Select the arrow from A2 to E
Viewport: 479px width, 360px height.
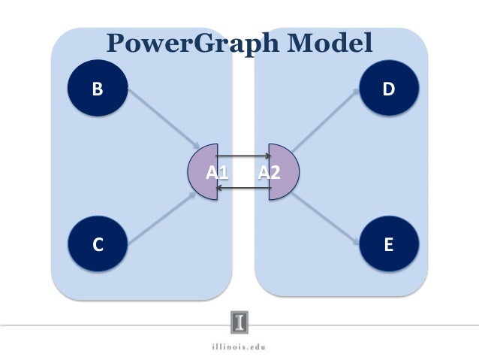(323, 218)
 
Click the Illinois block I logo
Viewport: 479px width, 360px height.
(239, 322)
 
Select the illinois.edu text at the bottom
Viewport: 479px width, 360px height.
(239, 347)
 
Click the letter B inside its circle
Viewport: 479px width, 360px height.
(96, 90)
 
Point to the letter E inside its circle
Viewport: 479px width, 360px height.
(388, 246)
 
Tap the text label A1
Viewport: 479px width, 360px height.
(217, 173)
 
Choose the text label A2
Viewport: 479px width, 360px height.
(268, 173)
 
